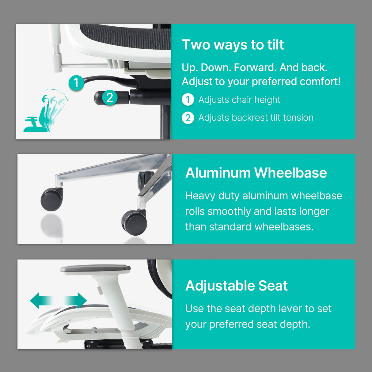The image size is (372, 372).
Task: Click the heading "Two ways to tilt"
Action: (x=233, y=45)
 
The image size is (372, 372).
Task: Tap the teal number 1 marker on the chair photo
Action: (x=76, y=83)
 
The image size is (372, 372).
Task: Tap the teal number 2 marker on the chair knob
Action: (x=110, y=98)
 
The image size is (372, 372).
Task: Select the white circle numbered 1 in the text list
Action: (x=188, y=100)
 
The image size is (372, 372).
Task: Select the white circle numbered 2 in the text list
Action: (x=188, y=118)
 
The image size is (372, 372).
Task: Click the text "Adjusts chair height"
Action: (x=239, y=100)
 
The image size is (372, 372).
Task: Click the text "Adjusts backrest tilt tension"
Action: (x=256, y=118)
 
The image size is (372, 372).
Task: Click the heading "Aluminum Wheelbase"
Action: (x=256, y=173)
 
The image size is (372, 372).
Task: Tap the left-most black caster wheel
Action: (x=51, y=199)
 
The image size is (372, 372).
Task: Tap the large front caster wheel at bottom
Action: (x=134, y=222)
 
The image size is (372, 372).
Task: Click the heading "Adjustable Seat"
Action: (x=236, y=286)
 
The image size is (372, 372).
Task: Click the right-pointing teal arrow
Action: (x=77, y=300)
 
